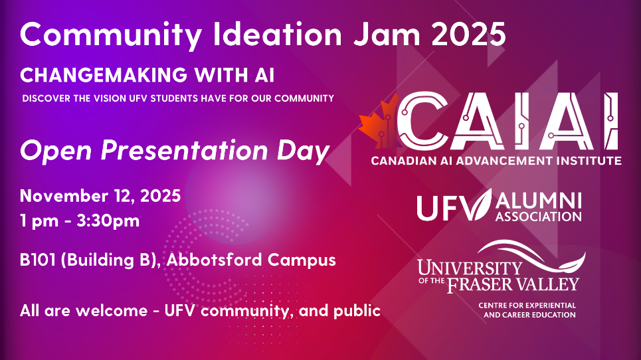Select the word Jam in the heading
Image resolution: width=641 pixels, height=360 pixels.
387,35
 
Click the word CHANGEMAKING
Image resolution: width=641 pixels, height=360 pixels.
104,75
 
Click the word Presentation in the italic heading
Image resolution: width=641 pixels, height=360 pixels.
184,150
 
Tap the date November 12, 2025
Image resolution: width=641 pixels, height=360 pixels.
100,196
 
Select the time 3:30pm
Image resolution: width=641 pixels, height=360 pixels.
108,221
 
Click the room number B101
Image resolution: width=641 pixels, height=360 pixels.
38,260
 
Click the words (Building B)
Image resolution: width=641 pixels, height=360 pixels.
110,260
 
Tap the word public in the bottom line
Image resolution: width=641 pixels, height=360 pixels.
357,311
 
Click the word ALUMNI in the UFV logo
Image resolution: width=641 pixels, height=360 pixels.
539,201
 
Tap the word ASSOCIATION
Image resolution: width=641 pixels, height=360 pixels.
539,217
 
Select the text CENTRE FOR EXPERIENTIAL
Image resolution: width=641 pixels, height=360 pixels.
527,306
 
